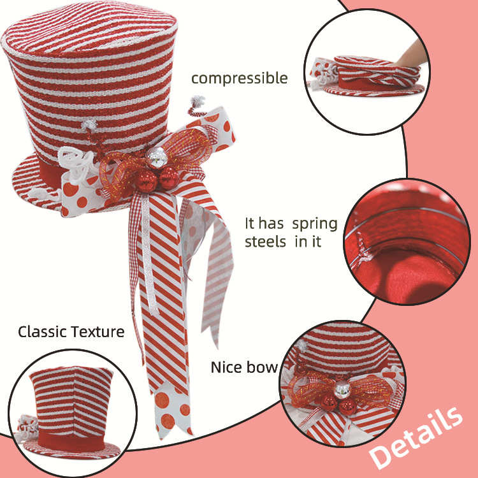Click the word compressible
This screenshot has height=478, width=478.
pos(240,79)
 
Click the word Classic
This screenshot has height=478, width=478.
pos(42,331)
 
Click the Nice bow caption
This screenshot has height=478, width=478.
pos(244,368)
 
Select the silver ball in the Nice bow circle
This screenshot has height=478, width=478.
pos(344,389)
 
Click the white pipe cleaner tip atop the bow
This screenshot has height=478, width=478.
pos(198,103)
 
